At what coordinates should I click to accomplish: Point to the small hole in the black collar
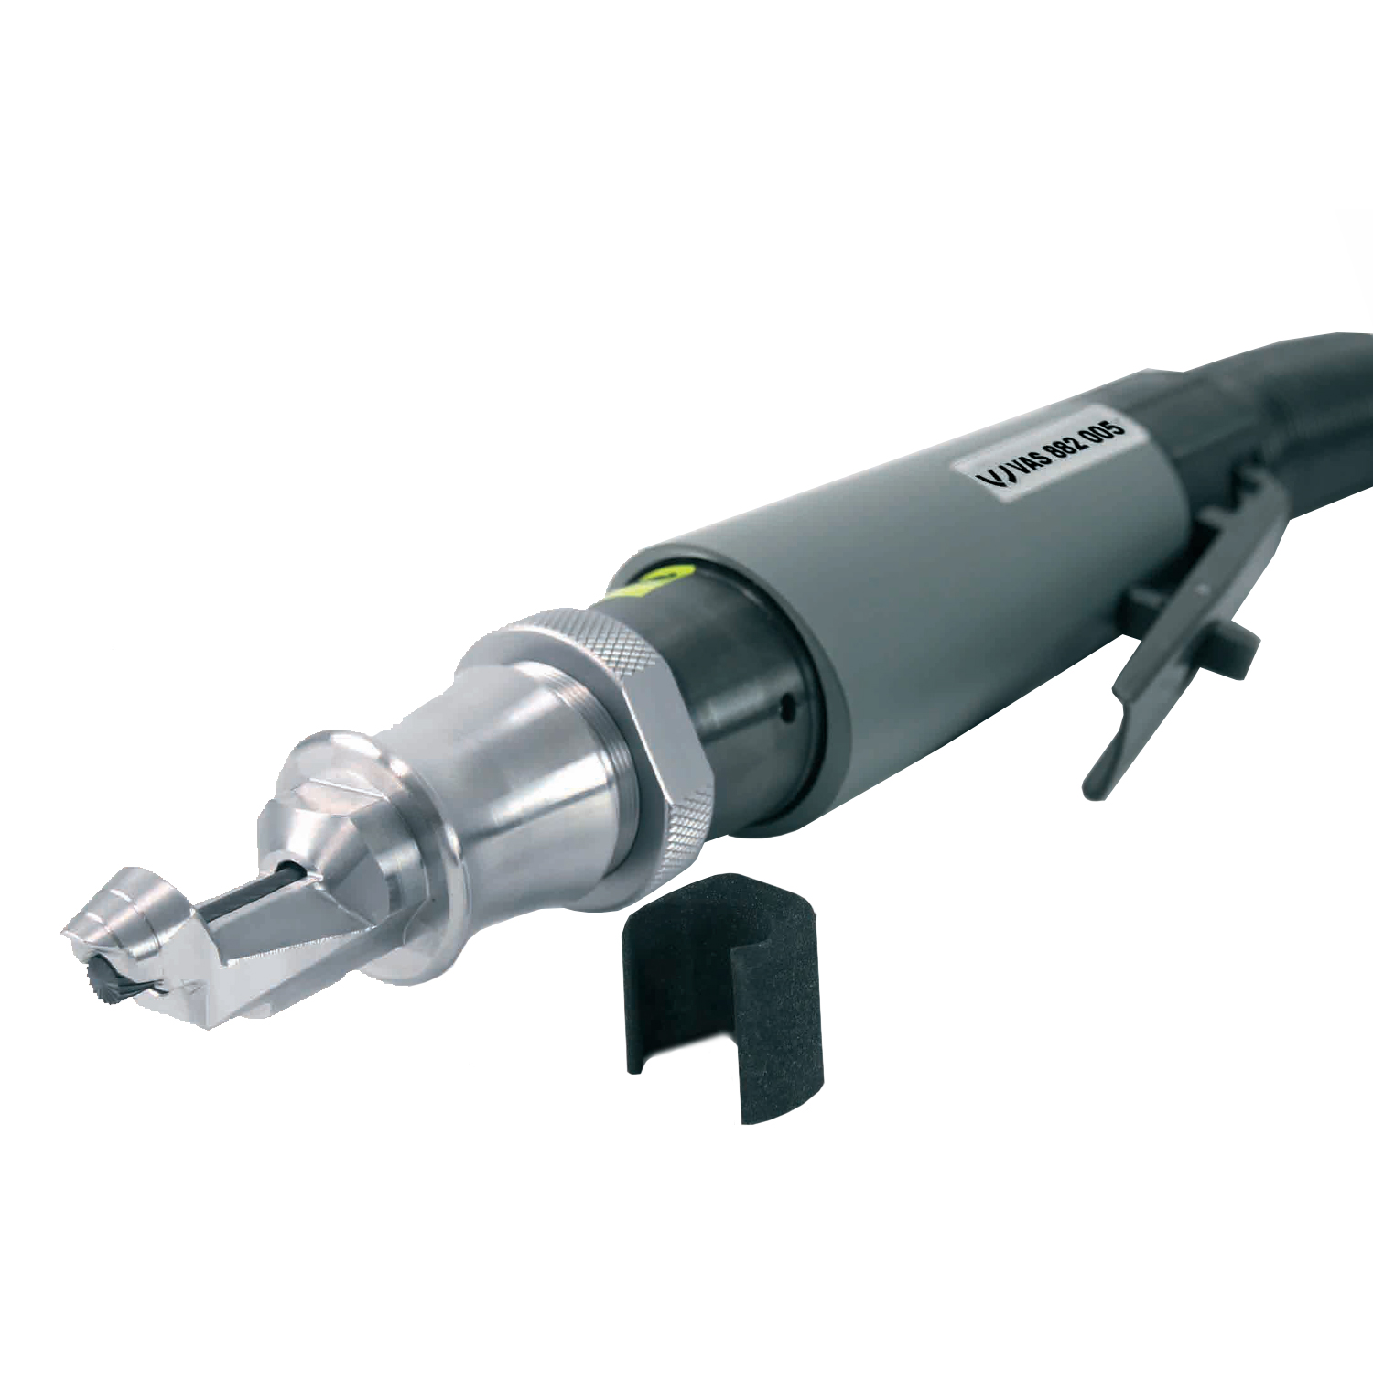tap(785, 706)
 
